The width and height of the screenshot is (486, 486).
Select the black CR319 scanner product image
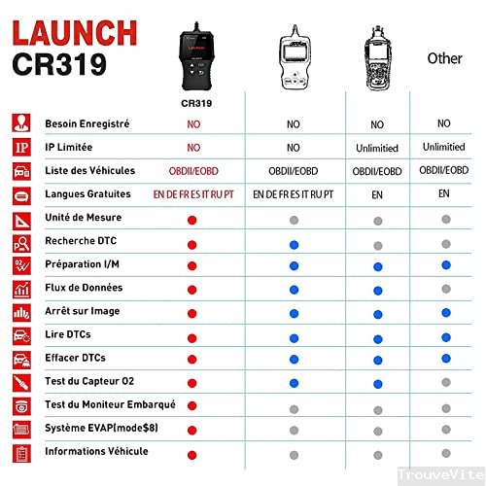pos(193,49)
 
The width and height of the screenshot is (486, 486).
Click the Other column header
pos(444,58)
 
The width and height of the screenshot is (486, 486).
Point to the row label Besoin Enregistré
pos(87,124)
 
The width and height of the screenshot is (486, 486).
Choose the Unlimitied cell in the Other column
pos(444,148)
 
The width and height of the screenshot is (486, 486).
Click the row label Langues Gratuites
pos(88,194)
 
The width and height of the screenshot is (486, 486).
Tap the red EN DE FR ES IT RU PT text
pos(193,194)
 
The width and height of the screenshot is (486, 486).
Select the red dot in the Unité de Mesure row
pos(193,219)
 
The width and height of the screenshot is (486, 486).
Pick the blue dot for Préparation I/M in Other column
pos(444,265)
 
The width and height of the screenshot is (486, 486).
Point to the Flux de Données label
pos(85,288)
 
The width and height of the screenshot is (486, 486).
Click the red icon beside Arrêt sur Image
pos(19,311)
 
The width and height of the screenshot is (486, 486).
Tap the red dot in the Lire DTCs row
pos(193,335)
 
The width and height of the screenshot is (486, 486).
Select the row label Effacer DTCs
pos(75,358)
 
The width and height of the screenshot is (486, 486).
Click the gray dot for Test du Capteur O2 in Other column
pos(444,382)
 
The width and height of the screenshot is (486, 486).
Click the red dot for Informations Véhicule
pos(193,452)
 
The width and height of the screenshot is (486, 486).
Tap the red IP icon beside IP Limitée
pos(19,148)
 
